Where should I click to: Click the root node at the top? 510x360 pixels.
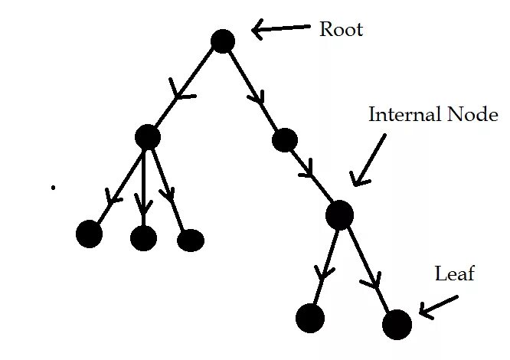tap(222, 41)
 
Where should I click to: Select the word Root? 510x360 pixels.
tap(341, 30)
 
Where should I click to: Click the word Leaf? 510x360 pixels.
tap(455, 273)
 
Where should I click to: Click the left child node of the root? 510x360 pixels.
tap(147, 137)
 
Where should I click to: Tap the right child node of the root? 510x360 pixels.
tap(284, 139)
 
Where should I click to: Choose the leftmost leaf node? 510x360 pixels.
tap(90, 234)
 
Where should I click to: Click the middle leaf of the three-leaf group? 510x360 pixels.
tap(143, 238)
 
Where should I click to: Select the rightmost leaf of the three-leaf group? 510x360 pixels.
tap(190, 241)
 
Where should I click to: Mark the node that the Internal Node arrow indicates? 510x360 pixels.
tap(339, 214)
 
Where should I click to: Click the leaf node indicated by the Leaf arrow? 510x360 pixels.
tap(397, 325)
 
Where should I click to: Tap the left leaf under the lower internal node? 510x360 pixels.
tap(310, 317)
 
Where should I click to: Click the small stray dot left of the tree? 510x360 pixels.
tap(53, 187)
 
